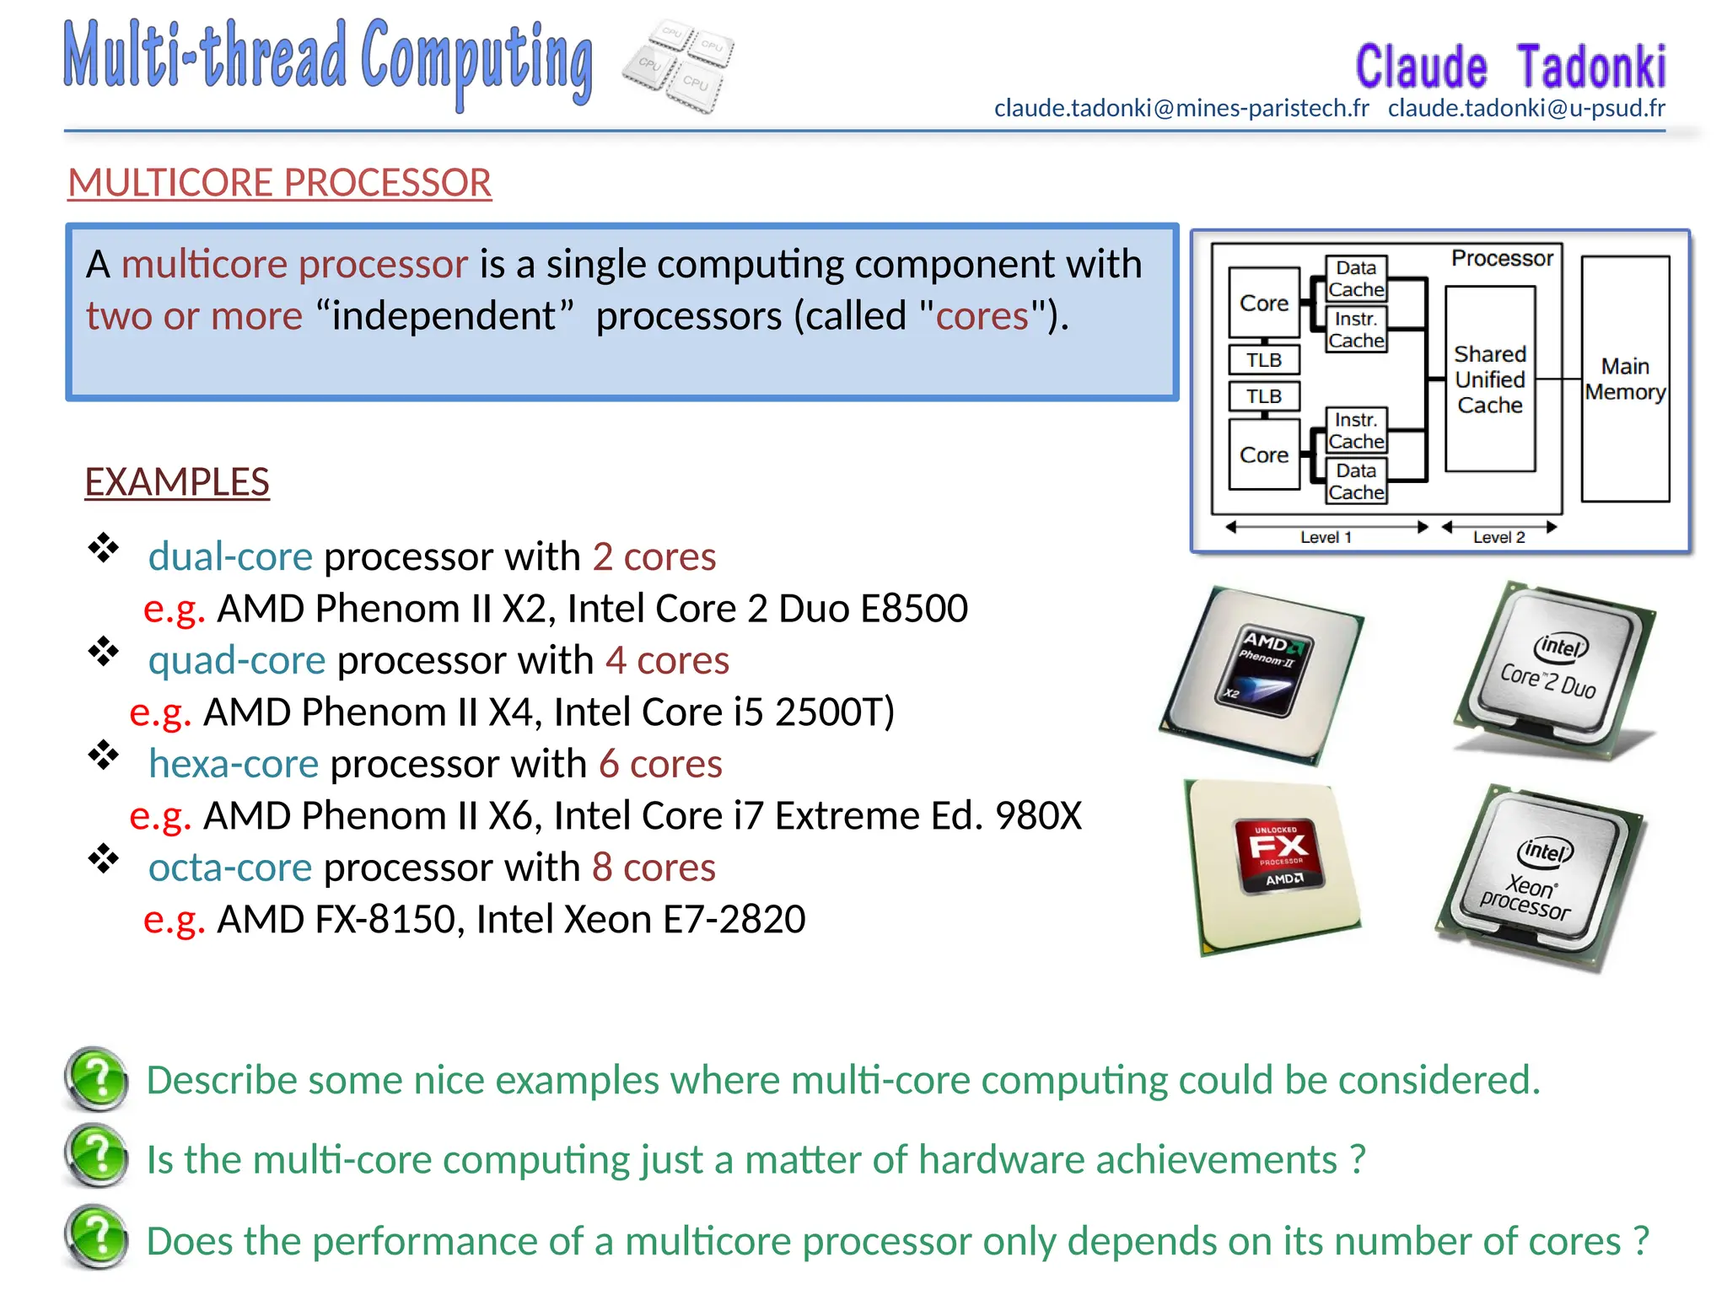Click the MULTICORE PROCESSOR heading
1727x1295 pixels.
coord(279,183)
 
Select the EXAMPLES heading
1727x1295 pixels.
coord(177,482)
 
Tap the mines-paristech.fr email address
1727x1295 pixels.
coord(1181,108)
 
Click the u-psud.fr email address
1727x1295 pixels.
coord(1525,108)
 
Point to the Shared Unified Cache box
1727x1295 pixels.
coord(1489,379)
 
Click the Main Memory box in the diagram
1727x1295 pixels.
coord(1624,379)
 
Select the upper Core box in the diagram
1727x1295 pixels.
coord(1263,303)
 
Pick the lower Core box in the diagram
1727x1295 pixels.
coord(1263,455)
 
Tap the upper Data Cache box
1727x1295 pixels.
coord(1355,278)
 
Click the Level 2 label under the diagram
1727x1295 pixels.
coord(1498,537)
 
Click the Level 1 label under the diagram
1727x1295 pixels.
coord(1325,537)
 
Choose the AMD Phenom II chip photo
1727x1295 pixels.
coord(1262,674)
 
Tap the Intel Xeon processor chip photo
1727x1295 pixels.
coord(1541,877)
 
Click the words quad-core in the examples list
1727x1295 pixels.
coord(237,660)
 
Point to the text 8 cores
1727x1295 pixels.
coord(654,868)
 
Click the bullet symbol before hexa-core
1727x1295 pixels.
coord(104,755)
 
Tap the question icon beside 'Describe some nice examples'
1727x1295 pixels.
coord(97,1079)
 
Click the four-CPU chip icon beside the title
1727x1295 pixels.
coord(679,66)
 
